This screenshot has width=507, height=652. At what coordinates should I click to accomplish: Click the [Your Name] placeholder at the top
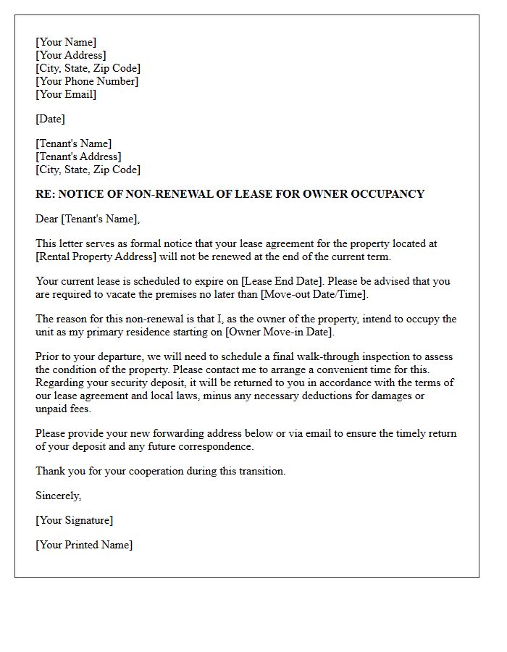point(66,42)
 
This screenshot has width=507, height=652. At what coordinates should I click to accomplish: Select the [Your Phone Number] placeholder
point(87,81)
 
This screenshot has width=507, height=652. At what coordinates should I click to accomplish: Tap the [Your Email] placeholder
point(66,94)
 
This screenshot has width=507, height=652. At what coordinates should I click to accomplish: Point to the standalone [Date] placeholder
point(51,119)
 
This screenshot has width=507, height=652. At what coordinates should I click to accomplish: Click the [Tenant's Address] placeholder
point(78,156)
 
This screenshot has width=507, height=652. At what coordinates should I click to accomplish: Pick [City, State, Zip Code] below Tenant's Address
point(88,170)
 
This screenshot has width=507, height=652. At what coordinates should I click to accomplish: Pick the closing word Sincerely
point(58,496)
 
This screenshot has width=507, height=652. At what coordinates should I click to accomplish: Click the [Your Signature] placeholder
point(75,520)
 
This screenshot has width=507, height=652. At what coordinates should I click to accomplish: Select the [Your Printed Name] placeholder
point(84,545)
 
